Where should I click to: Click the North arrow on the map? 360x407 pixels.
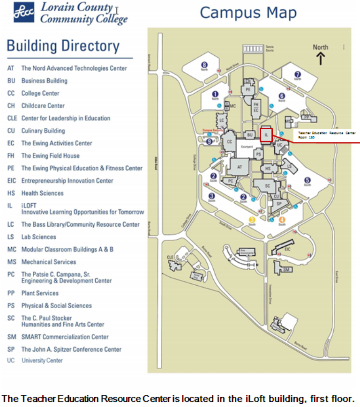click(x=321, y=59)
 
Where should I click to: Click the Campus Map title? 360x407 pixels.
click(x=248, y=13)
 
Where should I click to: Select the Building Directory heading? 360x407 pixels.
click(x=63, y=46)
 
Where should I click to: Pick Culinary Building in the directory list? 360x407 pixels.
click(x=43, y=131)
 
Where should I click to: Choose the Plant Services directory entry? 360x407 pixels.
click(x=40, y=293)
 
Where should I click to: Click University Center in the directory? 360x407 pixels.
click(x=42, y=361)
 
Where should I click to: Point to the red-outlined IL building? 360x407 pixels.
click(x=266, y=135)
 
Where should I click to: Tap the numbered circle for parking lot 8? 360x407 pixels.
click(x=204, y=65)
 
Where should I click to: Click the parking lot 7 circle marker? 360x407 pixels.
click(x=297, y=74)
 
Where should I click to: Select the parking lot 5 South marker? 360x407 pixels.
click(x=307, y=180)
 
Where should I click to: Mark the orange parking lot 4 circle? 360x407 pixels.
click(x=282, y=220)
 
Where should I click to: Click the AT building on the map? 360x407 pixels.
click(x=240, y=166)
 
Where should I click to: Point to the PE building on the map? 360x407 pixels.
click(x=248, y=89)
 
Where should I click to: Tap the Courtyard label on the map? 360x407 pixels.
click(x=247, y=147)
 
